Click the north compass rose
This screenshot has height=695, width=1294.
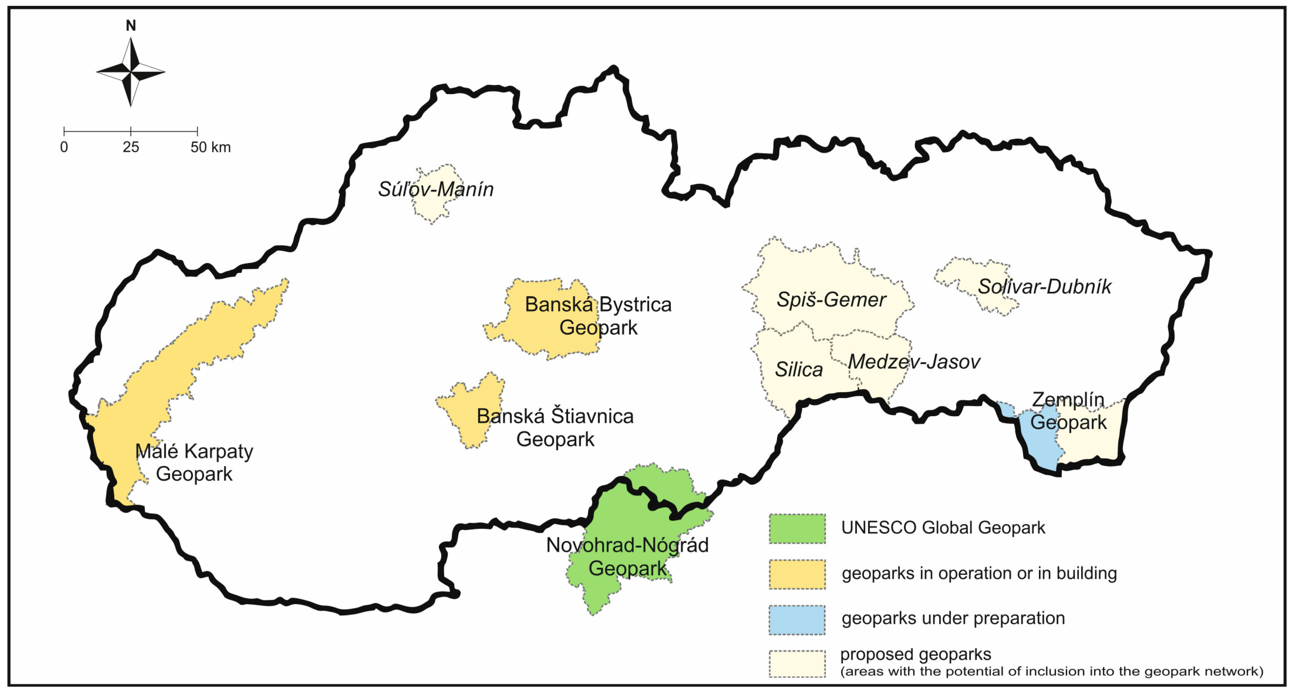coord(131,72)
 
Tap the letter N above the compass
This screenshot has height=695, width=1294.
coord(131,26)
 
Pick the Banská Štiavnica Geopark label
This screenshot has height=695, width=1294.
coord(555,428)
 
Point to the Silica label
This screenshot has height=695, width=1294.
coord(799,370)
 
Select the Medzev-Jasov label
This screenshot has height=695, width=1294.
coord(914,362)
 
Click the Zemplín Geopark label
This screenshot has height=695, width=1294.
coord(1069,411)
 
